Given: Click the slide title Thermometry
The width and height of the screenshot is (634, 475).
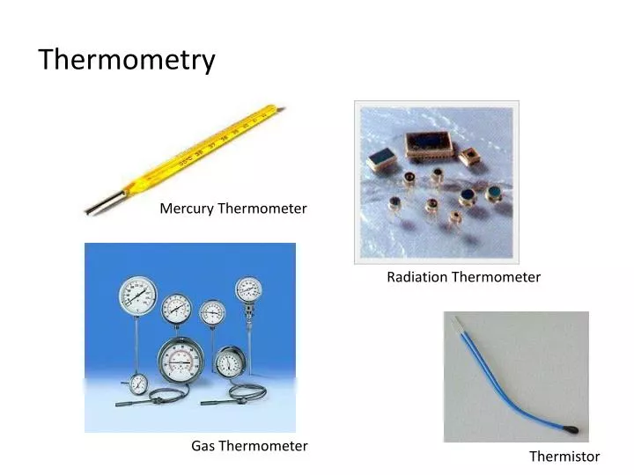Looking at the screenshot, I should pyautogui.click(x=127, y=60).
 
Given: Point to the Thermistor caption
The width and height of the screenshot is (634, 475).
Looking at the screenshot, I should pyautogui.click(x=564, y=457).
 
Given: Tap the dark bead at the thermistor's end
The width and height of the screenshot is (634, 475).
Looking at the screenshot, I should pyautogui.click(x=574, y=429).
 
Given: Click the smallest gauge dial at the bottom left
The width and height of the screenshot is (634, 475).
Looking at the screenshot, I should pyautogui.click(x=138, y=383).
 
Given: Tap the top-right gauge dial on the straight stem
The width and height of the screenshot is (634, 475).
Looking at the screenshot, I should pyautogui.click(x=248, y=289).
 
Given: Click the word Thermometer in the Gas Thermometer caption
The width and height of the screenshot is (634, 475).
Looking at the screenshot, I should pyautogui.click(x=263, y=446).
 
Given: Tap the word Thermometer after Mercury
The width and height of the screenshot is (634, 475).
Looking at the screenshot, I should pyautogui.click(x=262, y=208).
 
